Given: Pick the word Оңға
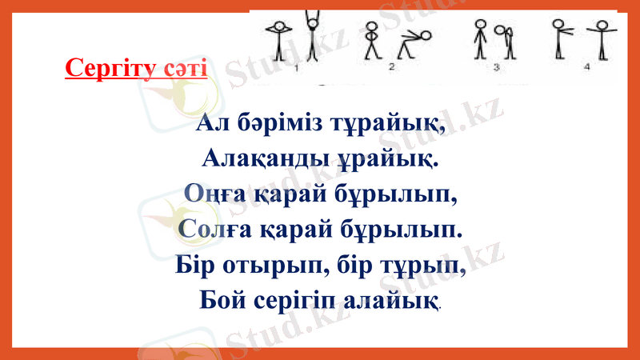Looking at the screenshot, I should click(212, 194).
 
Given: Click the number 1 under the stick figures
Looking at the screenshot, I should click(296, 69).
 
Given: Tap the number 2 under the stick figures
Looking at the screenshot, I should click(391, 69).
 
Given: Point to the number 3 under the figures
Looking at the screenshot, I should click(496, 69).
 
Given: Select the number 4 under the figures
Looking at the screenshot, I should click(586, 69).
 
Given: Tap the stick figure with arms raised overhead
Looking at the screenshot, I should click(311, 36).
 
